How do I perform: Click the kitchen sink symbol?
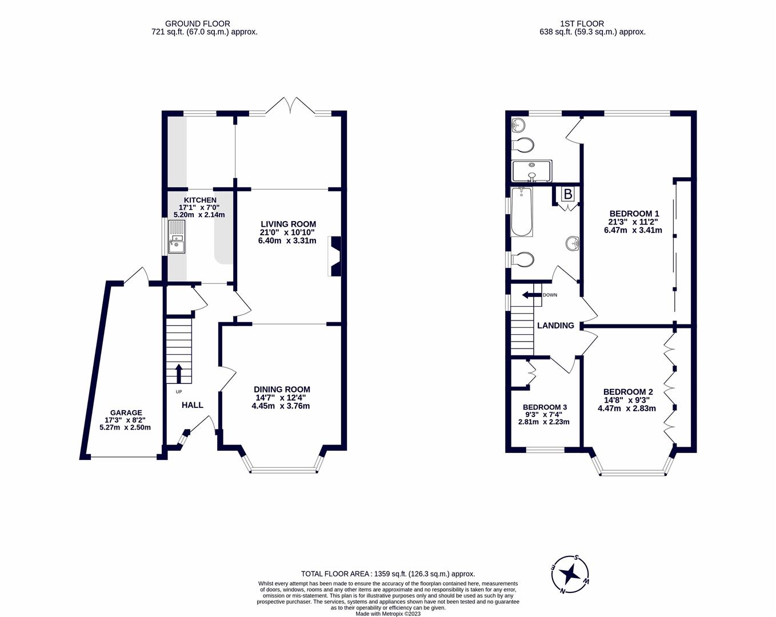point(177,243)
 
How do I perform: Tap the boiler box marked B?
point(567,195)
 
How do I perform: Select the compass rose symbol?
point(570,574)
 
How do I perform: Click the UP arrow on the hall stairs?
point(178,374)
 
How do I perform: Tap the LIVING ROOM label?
point(288,224)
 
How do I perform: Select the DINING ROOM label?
point(282,390)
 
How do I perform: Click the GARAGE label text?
point(126,412)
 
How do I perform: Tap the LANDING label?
point(555,326)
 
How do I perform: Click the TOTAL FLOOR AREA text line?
point(388,574)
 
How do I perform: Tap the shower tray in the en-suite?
point(531,170)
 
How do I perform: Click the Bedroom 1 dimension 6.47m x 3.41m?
point(633,230)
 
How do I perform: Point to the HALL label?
point(193,405)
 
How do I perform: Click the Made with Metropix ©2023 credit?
point(388,614)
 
